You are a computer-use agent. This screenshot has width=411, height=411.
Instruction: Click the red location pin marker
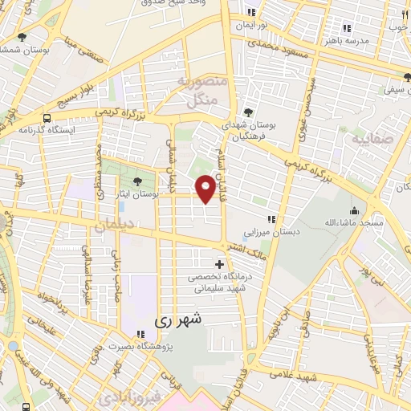coord(206,188)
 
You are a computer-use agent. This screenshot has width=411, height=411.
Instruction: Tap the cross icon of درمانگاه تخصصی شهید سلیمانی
coord(220,263)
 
